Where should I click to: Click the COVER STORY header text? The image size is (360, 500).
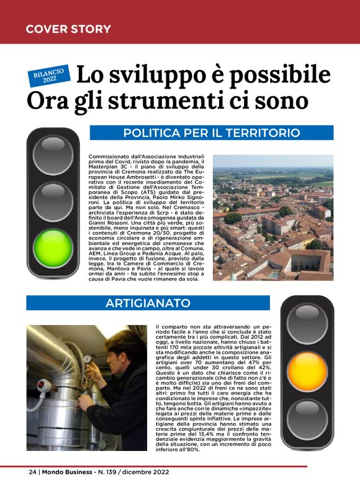click(x=68, y=29)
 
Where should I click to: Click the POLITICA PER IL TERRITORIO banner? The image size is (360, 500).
click(x=212, y=133)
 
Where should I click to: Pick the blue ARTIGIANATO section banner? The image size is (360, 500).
click(x=147, y=303)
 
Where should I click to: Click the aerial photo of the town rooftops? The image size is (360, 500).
click(x=272, y=217)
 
